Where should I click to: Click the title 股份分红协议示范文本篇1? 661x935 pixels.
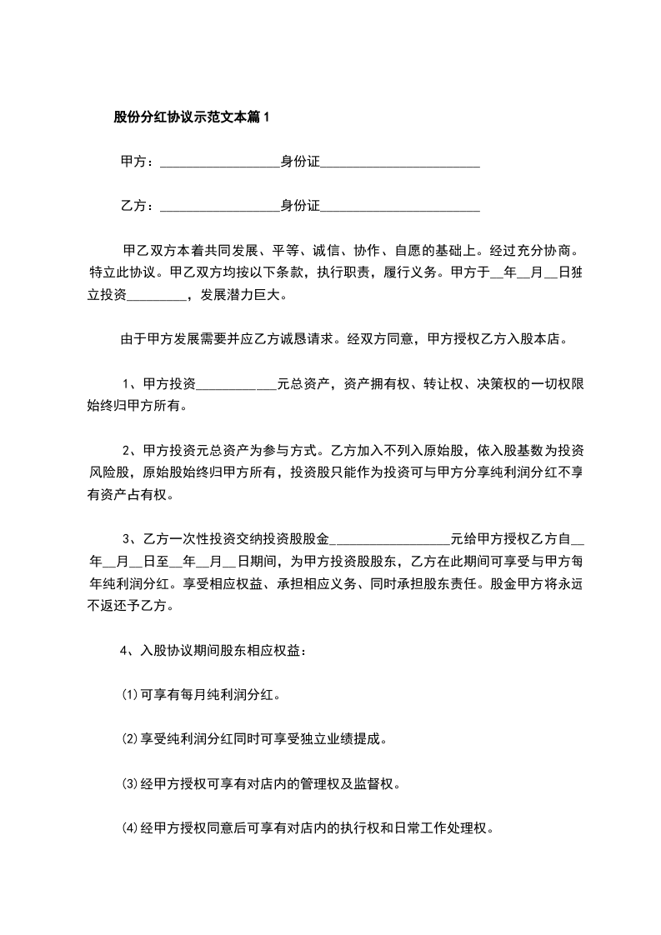tap(192, 117)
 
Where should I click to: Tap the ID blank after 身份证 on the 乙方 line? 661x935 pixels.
tap(400, 207)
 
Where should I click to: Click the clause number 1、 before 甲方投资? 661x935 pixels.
tap(132, 384)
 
